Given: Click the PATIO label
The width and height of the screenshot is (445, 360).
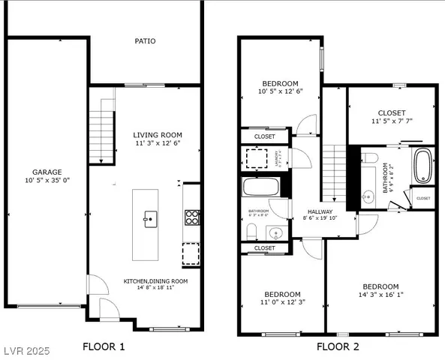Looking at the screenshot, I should pos(145,41).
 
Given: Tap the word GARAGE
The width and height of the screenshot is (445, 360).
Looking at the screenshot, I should pos(47,172).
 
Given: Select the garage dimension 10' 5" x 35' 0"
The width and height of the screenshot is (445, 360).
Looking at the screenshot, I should pos(47,181).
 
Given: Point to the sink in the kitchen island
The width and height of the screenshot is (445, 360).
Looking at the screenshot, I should pos(149,219).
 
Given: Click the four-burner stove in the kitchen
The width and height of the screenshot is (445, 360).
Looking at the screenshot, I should pos(191,217).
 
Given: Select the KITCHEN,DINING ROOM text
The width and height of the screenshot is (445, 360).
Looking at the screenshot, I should pos(155,281).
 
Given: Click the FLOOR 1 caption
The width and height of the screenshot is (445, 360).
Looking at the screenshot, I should pos(104,346).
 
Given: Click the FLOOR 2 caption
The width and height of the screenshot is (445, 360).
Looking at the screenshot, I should pos(338,346).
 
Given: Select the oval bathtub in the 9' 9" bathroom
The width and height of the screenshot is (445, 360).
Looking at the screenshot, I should pos(423,166).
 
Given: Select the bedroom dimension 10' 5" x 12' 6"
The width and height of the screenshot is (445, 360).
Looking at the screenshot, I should pos(280,92).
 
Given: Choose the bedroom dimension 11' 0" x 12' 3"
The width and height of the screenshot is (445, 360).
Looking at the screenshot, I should pos(281,303).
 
